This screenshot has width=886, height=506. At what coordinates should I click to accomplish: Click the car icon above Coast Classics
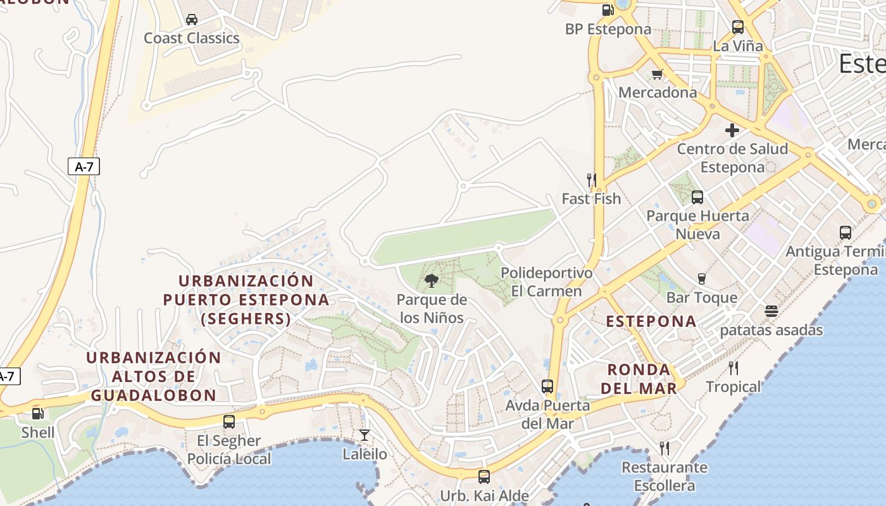(192, 20)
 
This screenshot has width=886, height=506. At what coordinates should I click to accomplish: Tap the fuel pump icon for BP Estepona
(608, 9)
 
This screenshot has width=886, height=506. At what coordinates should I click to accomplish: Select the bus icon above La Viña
(737, 27)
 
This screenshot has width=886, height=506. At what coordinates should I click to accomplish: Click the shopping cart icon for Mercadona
(657, 74)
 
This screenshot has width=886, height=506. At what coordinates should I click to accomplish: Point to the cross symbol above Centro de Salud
(732, 130)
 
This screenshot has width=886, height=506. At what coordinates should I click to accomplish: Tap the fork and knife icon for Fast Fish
(592, 180)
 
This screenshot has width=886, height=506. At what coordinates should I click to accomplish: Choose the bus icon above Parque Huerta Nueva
(697, 197)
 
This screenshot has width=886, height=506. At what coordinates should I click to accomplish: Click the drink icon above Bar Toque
(701, 279)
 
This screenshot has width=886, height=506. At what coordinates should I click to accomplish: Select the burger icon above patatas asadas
(771, 311)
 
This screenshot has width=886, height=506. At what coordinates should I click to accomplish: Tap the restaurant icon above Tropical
(733, 368)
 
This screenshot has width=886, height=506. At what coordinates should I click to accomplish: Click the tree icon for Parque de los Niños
(432, 281)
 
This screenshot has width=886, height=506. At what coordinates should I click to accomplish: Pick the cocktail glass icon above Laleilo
(365, 435)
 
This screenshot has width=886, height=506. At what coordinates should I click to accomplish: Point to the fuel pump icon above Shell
(38, 414)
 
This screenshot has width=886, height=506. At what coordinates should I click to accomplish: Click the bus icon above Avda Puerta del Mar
(547, 386)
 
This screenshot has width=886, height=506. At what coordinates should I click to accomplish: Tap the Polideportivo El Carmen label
(547, 282)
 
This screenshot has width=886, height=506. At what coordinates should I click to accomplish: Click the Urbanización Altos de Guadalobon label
(154, 376)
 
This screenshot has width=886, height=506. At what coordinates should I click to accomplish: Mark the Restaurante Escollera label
(664, 476)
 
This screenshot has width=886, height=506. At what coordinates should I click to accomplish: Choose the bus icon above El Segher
(229, 422)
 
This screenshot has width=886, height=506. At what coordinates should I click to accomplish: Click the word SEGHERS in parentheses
(246, 319)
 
